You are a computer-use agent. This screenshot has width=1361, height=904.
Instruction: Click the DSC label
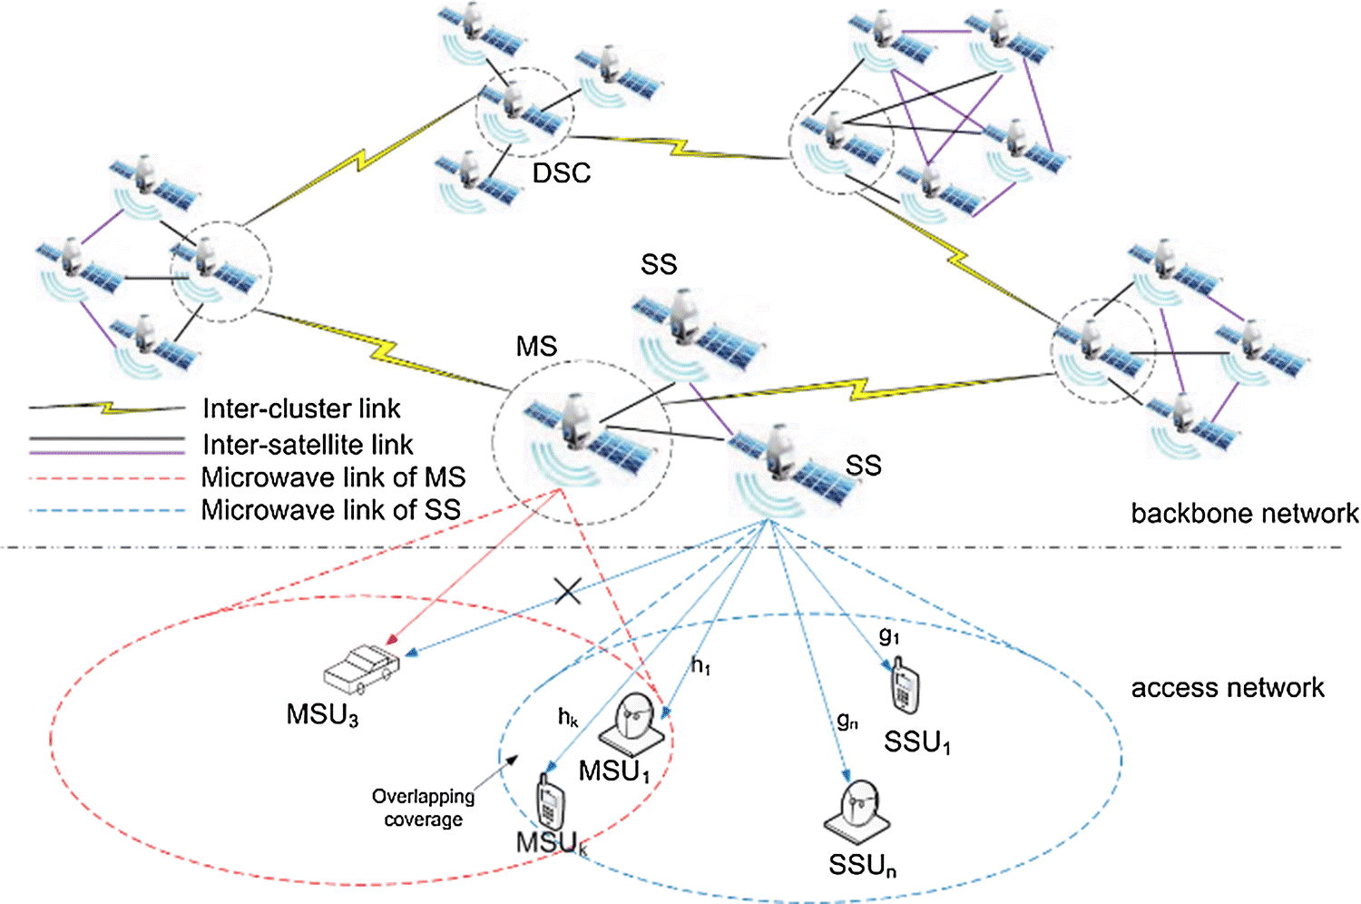pos(561,172)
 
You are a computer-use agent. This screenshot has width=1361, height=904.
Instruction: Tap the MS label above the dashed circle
pos(536,347)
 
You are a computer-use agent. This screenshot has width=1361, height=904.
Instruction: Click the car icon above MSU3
pos(361,671)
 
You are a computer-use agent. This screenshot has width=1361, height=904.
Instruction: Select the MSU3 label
pos(322,715)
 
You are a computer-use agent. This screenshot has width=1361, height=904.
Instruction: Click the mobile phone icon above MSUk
pos(549,801)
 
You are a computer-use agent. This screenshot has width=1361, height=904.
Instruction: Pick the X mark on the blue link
pos(568,592)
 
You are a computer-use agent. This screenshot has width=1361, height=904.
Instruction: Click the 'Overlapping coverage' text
pos(423,808)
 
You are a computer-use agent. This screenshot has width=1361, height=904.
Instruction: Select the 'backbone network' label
pos(1244,514)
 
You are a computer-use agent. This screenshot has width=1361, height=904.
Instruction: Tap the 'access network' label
pos(1227,688)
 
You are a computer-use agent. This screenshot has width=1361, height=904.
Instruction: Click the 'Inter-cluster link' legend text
pos(301,408)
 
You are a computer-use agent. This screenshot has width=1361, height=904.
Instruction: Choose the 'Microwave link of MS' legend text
pos(333,477)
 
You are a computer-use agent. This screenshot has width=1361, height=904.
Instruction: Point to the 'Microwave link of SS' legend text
pos(330,510)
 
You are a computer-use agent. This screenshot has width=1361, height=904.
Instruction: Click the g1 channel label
pos(889,636)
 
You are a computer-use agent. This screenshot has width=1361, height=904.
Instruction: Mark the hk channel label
pos(568,718)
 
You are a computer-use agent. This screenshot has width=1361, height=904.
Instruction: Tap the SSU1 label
pos(917,743)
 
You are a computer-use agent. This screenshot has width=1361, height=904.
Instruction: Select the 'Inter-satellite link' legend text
pos(308,445)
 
